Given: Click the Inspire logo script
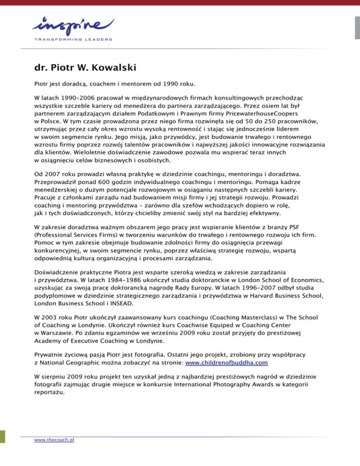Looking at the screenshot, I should [x=73, y=25].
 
